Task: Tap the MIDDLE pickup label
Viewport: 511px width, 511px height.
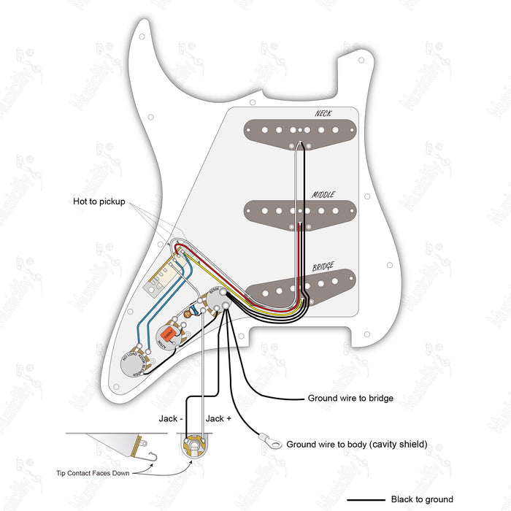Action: pyautogui.click(x=323, y=195)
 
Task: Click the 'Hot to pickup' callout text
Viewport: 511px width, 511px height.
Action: pyautogui.click(x=99, y=201)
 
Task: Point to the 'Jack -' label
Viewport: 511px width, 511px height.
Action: pyautogui.click(x=172, y=418)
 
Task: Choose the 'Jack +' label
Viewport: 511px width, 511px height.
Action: pyautogui.click(x=220, y=418)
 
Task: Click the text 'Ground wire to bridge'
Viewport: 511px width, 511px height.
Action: pyautogui.click(x=350, y=399)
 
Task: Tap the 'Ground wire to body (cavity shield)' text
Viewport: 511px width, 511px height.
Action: pyautogui.click(x=356, y=444)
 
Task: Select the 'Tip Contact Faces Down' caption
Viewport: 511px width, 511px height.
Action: pyautogui.click(x=93, y=473)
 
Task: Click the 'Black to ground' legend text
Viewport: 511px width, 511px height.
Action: pyautogui.click(x=422, y=499)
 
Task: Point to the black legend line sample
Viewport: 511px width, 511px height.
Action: pyautogui.click(x=360, y=500)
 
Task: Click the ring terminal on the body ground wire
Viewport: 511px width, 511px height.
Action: pyautogui.click(x=269, y=441)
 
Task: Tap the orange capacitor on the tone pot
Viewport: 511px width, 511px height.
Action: pyautogui.click(x=166, y=336)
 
